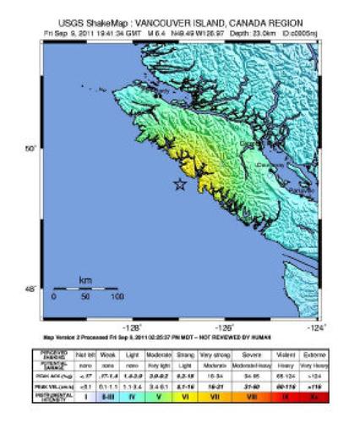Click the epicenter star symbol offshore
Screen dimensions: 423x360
(x=179, y=184)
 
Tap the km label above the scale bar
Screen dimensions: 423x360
(x=85, y=279)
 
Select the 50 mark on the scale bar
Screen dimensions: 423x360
(x=85, y=297)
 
